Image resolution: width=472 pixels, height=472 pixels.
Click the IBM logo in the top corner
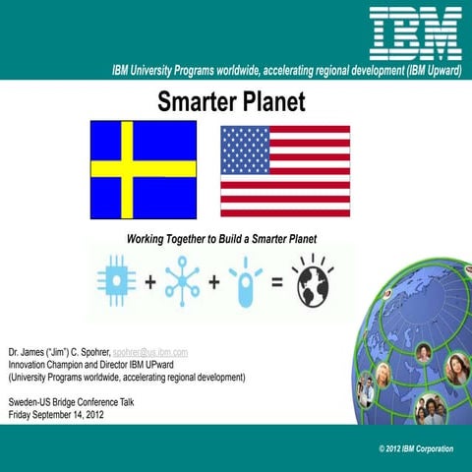[x=415, y=31]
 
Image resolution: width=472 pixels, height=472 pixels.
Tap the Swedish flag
[x=144, y=169]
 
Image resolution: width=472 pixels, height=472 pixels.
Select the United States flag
[x=284, y=170]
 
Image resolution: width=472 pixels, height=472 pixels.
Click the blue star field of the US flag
[x=244, y=147]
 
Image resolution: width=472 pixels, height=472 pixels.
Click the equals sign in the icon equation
[x=277, y=281]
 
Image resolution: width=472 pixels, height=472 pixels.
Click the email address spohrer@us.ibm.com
[x=150, y=351]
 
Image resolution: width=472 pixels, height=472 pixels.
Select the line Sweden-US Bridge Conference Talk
[x=74, y=403]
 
